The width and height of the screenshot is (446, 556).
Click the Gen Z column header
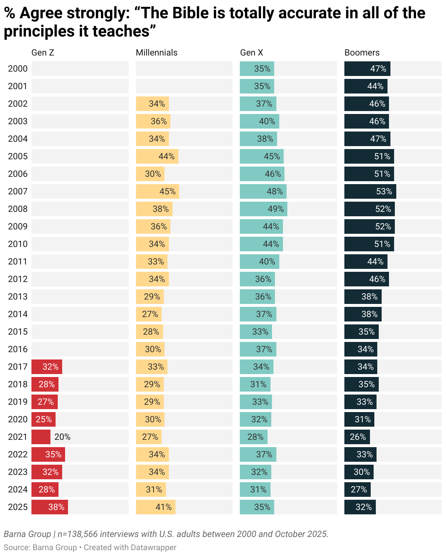click(43, 53)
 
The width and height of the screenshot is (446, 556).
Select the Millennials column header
click(156, 53)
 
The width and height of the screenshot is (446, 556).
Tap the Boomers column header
click(362, 53)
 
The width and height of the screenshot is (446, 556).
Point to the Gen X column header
click(252, 53)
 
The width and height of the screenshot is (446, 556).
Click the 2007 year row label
click(18, 191)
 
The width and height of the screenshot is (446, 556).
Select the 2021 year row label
click(18, 437)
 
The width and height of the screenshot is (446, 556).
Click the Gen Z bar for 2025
click(50, 507)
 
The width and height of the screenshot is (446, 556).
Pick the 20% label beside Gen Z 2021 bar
click(63, 437)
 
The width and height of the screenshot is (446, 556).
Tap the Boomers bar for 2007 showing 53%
click(370, 191)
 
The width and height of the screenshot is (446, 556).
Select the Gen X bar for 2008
click(263, 209)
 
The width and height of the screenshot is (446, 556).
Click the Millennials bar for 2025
click(156, 507)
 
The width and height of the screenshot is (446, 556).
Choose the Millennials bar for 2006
click(150, 174)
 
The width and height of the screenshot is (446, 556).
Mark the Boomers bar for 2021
click(357, 437)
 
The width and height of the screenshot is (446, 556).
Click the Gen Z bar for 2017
click(47, 367)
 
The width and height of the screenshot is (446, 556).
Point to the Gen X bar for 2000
click(257, 69)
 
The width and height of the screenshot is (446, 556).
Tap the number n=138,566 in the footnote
click(78, 534)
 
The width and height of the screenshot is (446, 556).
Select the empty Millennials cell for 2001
click(184, 86)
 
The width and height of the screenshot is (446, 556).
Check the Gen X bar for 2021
click(254, 437)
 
